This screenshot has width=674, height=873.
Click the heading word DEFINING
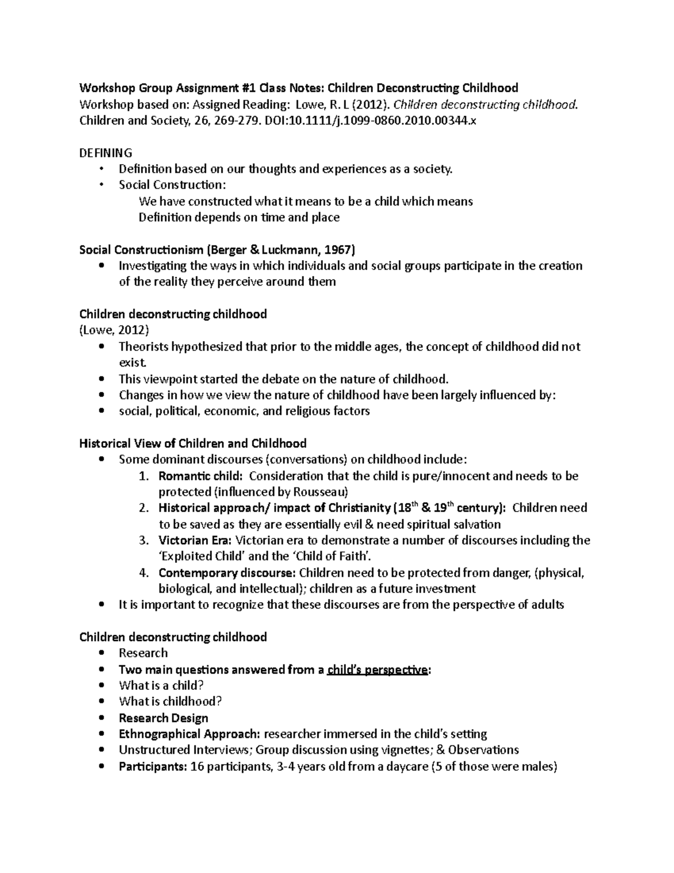click(106, 153)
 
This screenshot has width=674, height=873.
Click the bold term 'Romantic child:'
click(201, 476)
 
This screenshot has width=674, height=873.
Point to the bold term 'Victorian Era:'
click(194, 540)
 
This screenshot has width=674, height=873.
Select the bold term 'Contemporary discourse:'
click(227, 573)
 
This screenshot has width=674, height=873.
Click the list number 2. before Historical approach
click(144, 508)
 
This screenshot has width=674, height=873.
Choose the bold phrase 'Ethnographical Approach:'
click(189, 734)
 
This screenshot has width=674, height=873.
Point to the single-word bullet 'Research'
click(143, 653)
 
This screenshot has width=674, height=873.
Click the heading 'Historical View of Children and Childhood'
click(193, 444)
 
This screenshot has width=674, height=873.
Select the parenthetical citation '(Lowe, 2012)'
click(114, 330)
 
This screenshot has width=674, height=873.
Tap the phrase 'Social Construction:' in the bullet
click(171, 185)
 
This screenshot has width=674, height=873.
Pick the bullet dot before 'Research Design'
click(101, 718)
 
